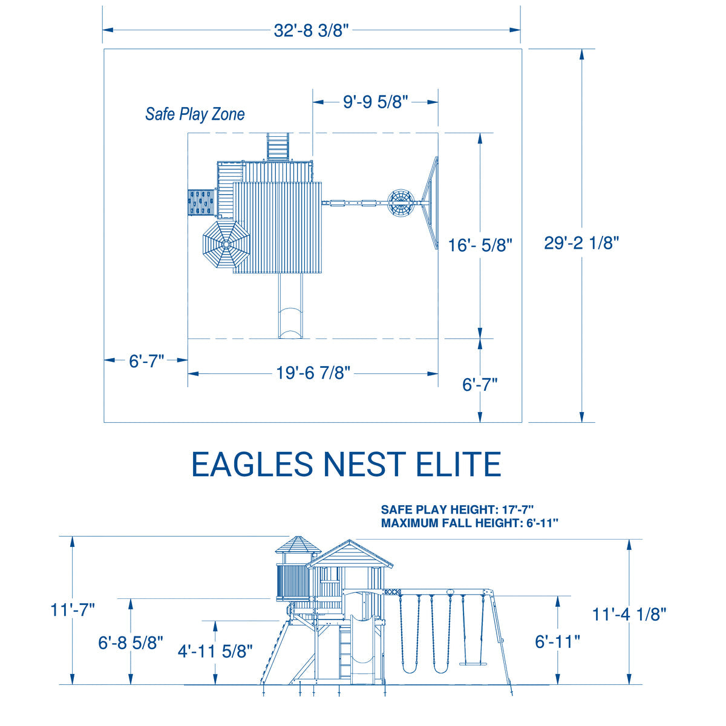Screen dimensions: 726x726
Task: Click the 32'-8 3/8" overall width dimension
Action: coord(312,30)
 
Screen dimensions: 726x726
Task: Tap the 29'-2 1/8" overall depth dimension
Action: coord(581,243)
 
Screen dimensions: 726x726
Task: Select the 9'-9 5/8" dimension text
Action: coord(376,102)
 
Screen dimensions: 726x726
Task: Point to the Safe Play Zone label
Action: coord(195,114)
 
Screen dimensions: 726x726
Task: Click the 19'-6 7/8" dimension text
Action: coord(313,373)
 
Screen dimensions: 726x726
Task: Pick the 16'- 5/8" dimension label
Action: coord(480,245)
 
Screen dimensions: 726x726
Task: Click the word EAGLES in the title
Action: coord(252,464)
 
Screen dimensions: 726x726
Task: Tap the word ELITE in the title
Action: coord(458,464)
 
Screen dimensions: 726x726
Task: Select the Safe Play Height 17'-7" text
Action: coord(457,509)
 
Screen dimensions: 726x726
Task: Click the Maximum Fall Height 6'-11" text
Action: coord(469,523)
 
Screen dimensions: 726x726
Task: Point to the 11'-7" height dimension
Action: coord(73,610)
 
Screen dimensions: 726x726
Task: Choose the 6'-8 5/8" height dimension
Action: coord(130,643)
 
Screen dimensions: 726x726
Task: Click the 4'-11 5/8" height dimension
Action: coord(215,650)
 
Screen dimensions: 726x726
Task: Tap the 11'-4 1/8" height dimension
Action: coord(629,614)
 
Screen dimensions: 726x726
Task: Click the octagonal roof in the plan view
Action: coord(226,244)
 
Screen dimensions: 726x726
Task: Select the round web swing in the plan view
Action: coord(401,203)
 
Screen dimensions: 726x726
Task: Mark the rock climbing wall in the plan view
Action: coord(201,202)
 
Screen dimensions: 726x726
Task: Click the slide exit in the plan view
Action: coord(290,323)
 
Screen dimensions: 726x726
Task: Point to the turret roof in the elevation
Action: coord(298,545)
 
